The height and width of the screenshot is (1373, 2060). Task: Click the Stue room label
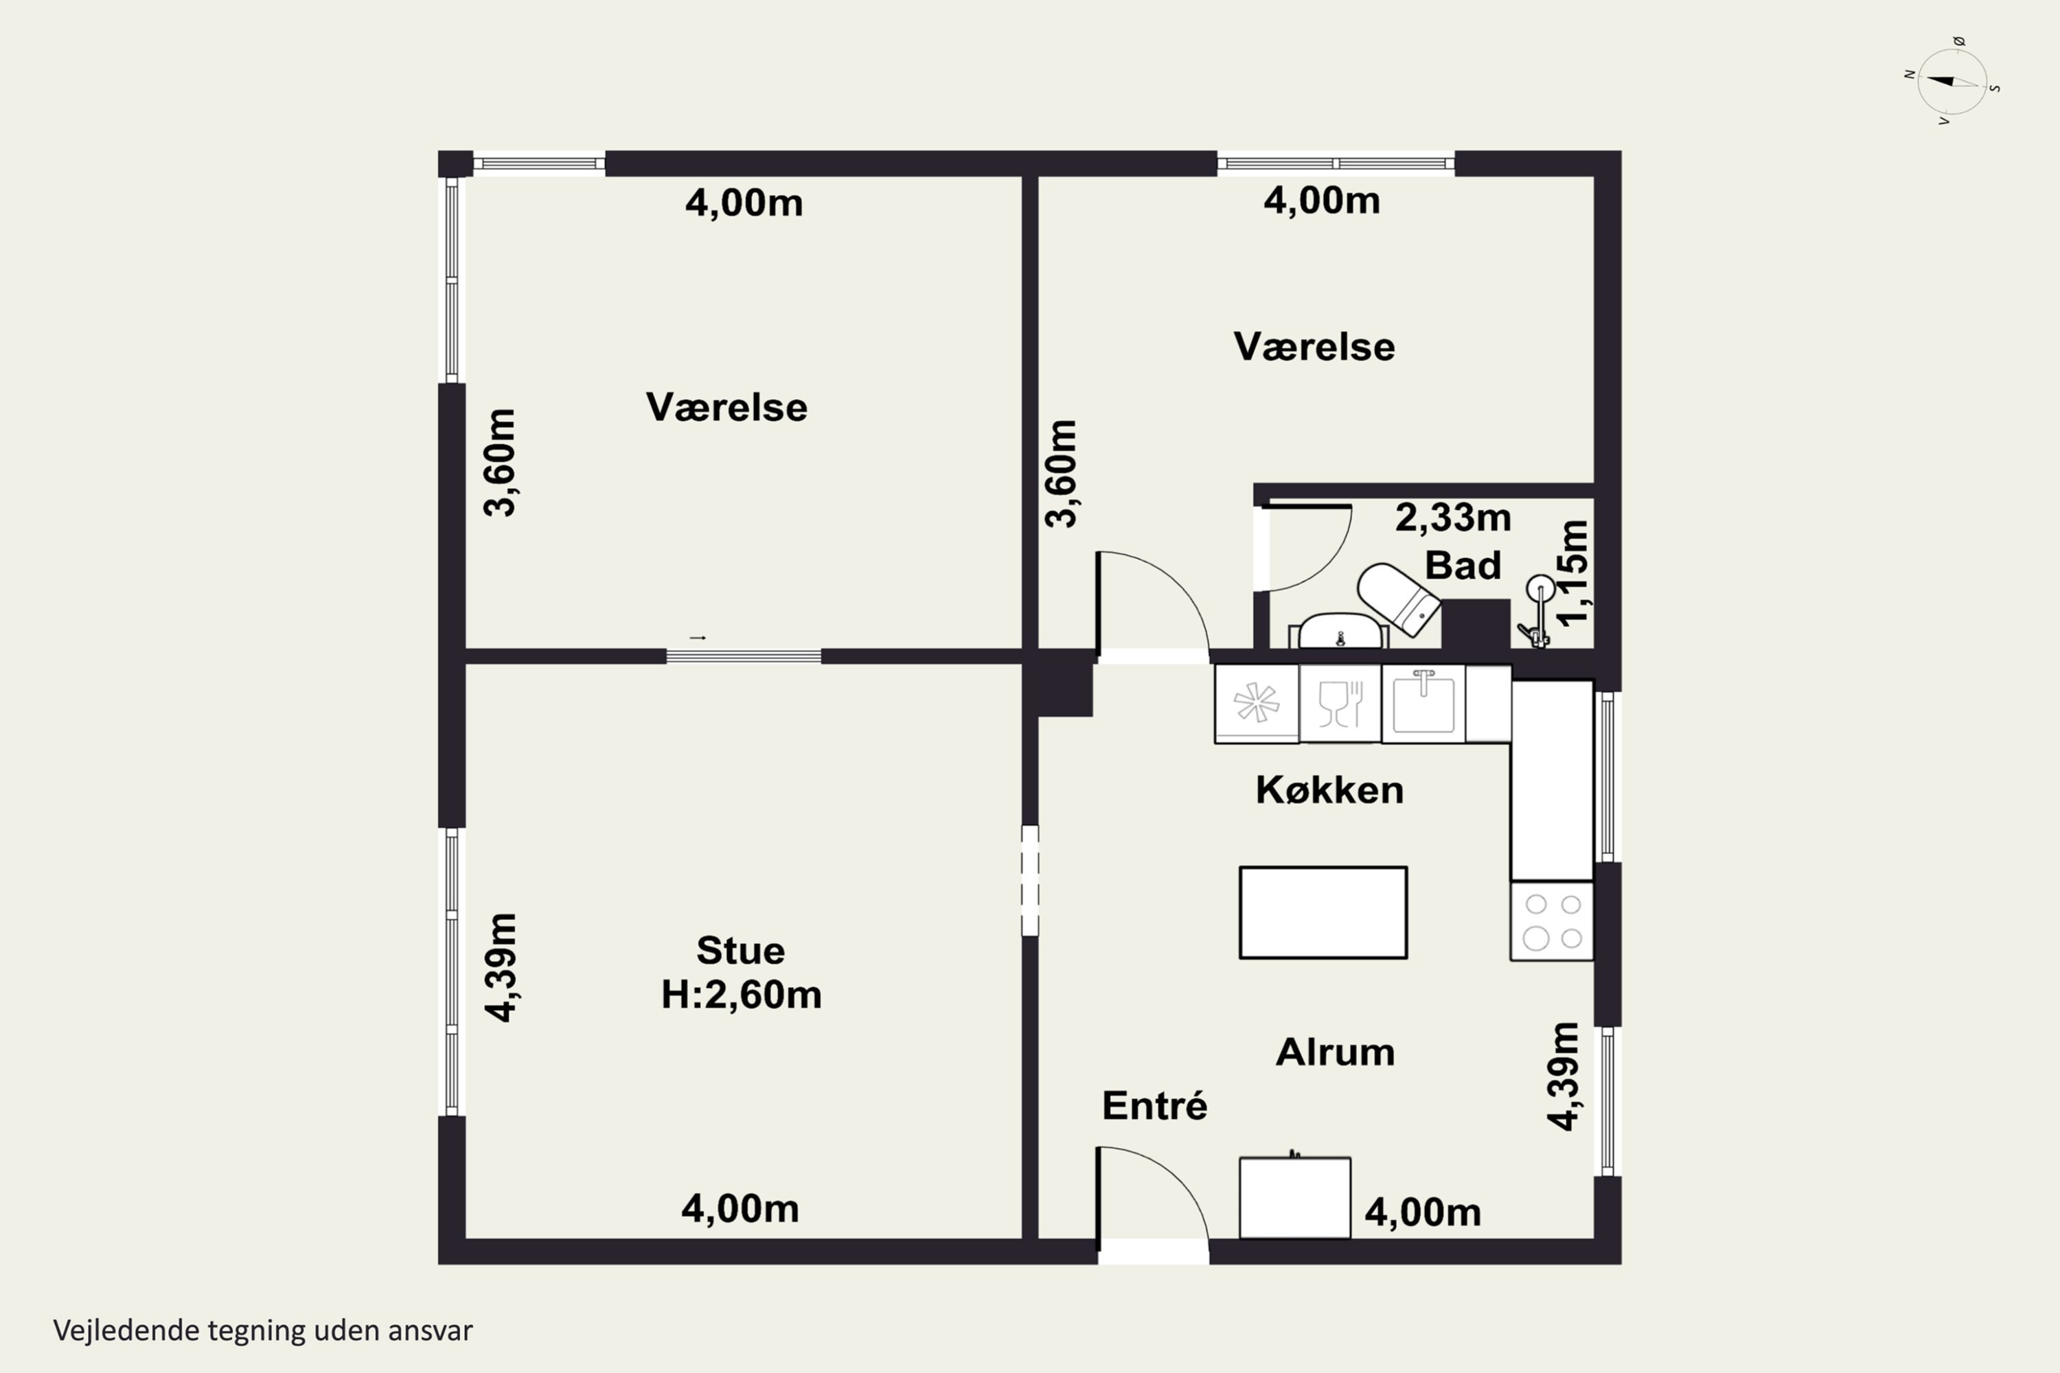click(x=740, y=950)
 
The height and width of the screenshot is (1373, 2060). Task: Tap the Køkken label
click(x=1329, y=790)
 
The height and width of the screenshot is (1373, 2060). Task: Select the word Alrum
click(x=1335, y=1052)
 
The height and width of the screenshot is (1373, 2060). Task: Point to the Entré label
click(x=1154, y=1105)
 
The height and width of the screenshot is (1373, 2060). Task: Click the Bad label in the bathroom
click(x=1463, y=565)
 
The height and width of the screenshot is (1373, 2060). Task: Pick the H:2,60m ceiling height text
click(x=741, y=995)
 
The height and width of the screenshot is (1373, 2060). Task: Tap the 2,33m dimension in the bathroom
click(x=1453, y=518)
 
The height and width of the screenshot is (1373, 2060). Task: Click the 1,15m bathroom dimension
click(x=1572, y=573)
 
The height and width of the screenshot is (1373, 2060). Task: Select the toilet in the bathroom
click(x=1399, y=598)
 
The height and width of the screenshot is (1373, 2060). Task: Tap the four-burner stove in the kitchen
click(x=1552, y=921)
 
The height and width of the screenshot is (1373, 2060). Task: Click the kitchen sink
click(x=1423, y=704)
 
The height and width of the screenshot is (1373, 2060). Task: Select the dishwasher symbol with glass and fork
click(x=1340, y=704)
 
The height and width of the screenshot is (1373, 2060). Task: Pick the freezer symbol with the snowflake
click(x=1256, y=704)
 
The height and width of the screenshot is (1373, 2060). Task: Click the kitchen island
click(x=1323, y=912)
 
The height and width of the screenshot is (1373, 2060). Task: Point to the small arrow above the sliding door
click(x=698, y=638)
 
